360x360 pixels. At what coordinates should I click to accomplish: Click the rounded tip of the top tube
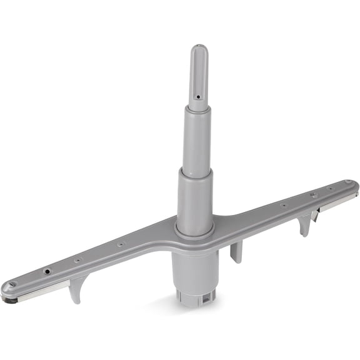199,50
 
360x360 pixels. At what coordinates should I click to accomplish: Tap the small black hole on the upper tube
197,97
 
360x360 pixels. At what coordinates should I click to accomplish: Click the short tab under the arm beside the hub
236,251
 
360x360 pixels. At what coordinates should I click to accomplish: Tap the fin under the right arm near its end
304,223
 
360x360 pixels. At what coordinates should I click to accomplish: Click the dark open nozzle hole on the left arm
47,272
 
